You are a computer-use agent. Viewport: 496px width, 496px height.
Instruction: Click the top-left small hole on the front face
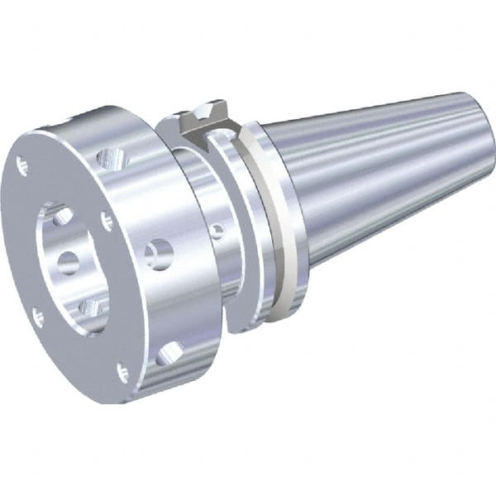click(x=22, y=165)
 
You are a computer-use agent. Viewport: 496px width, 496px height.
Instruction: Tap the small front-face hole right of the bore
click(x=106, y=221)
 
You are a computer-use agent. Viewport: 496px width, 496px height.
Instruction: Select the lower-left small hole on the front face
click(x=38, y=315)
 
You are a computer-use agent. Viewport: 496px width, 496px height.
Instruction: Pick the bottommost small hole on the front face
click(x=122, y=372)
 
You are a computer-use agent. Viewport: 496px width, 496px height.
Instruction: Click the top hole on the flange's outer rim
click(x=111, y=155)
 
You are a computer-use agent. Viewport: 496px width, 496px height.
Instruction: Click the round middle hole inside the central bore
click(x=68, y=262)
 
